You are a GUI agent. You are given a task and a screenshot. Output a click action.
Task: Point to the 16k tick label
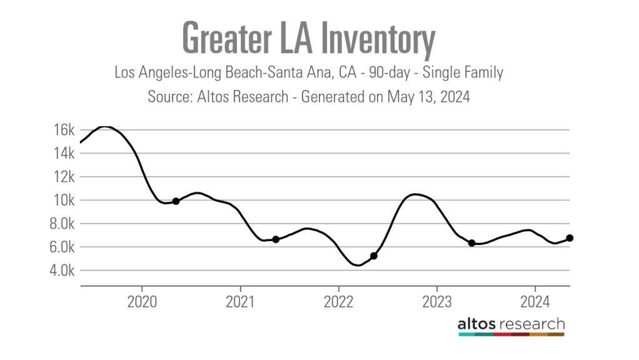[x=64, y=130]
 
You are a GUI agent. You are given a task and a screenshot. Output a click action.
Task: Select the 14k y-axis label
[x=64, y=154]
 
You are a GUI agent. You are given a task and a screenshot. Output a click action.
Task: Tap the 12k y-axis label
[x=64, y=177]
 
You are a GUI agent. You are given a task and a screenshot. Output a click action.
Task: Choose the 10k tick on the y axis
[x=64, y=201]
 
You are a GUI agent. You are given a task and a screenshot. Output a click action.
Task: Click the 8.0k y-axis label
[x=61, y=224]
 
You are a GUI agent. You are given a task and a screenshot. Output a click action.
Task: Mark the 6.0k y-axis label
[x=61, y=247]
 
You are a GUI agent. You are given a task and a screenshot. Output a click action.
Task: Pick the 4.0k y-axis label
[x=61, y=271]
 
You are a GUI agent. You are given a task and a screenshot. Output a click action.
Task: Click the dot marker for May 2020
[x=176, y=201]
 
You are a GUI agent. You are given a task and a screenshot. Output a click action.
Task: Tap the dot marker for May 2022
[x=374, y=256]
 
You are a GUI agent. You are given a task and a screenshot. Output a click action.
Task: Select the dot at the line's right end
[x=570, y=237]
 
